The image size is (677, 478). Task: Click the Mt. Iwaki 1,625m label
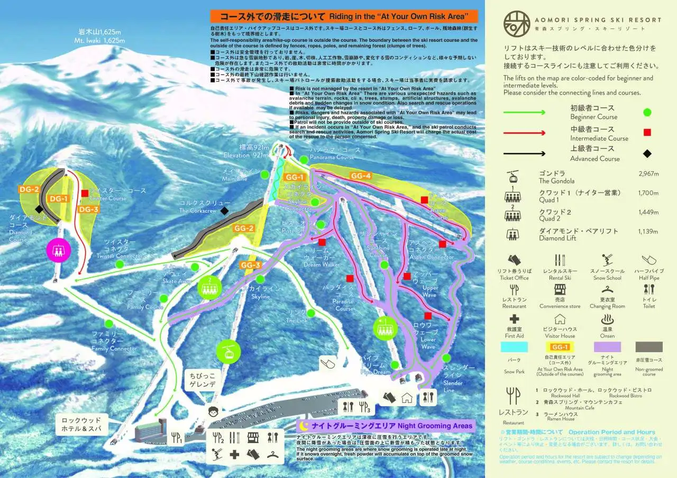point(99,36)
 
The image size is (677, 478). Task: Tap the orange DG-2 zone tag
point(30,189)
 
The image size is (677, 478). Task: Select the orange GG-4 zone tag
point(361,176)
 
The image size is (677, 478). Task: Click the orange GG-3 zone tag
point(251,265)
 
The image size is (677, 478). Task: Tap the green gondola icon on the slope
point(228,351)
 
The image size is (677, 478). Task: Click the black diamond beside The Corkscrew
point(224,210)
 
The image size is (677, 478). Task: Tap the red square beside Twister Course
point(85,193)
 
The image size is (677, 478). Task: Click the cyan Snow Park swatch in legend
point(514,347)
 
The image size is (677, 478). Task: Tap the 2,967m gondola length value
point(648,173)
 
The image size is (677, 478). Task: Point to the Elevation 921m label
point(246,151)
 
